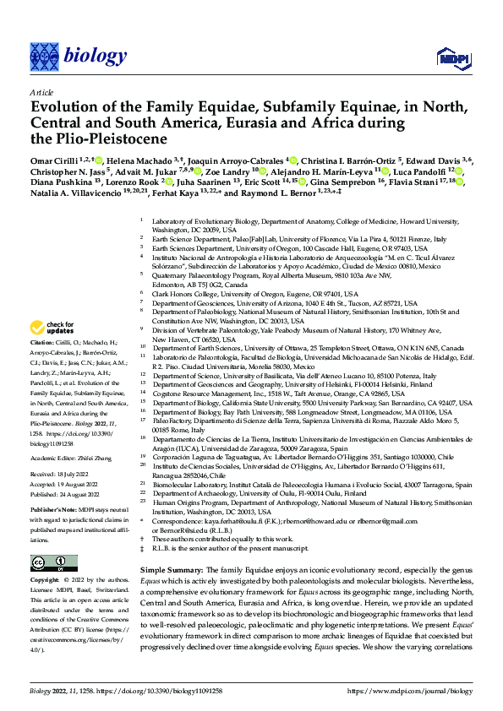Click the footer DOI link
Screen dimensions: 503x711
click(x=157, y=690)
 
